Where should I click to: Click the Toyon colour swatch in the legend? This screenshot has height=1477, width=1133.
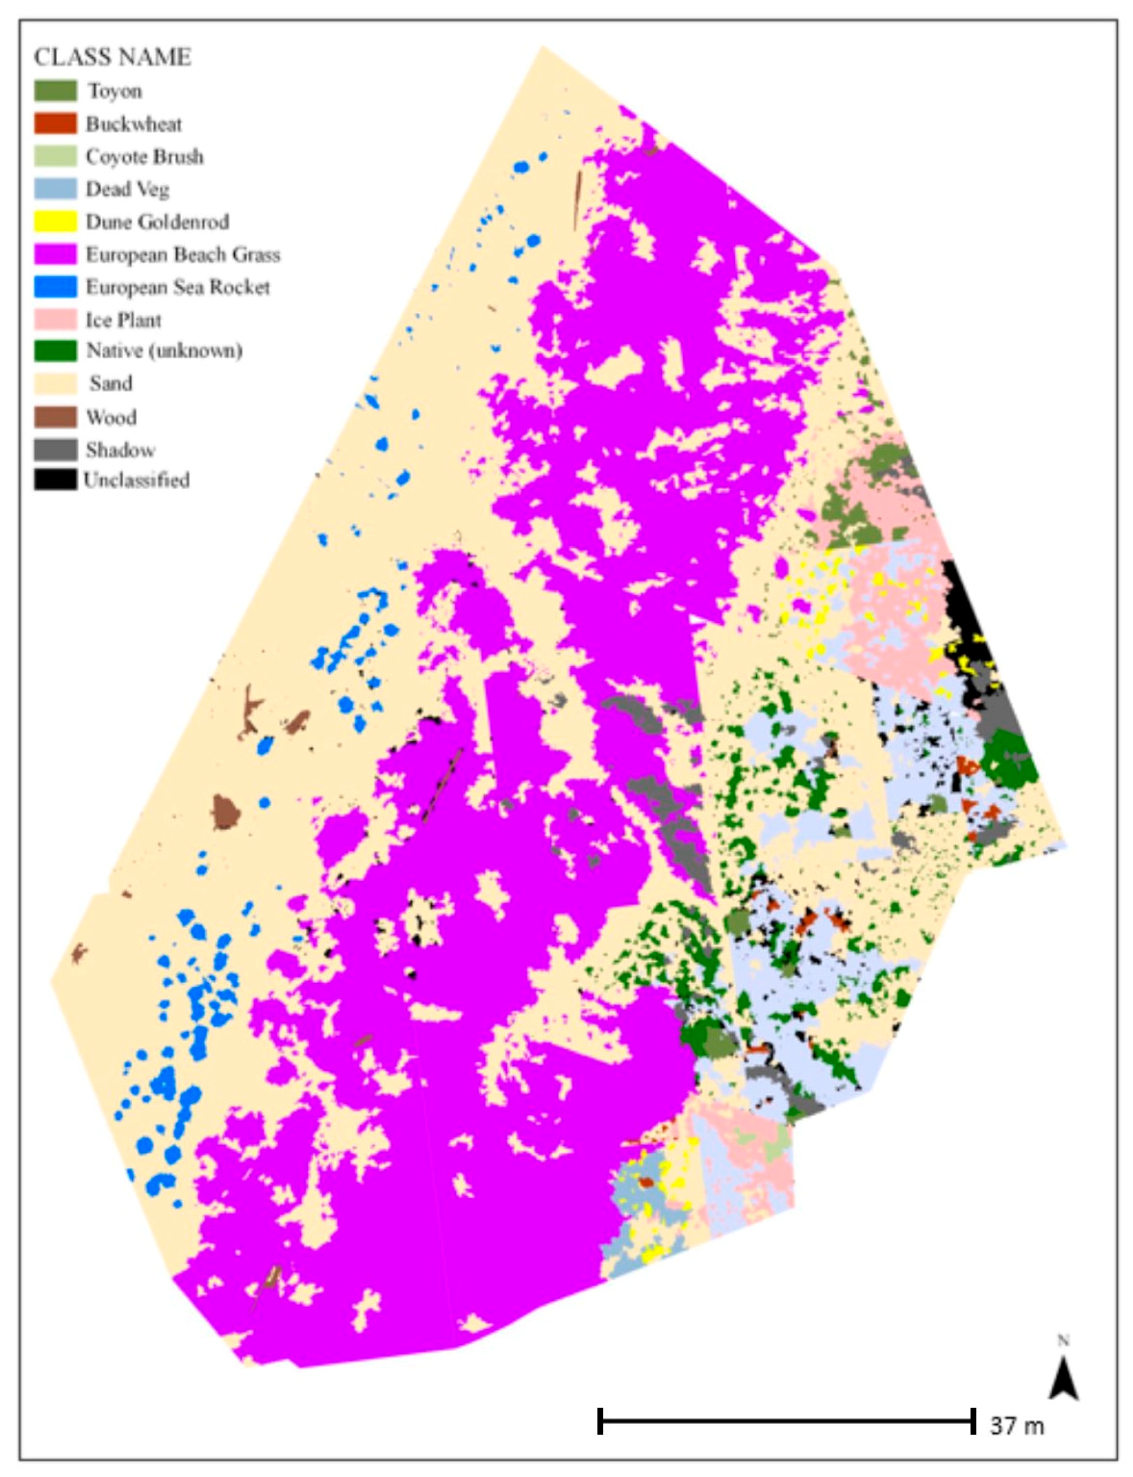click(x=55, y=91)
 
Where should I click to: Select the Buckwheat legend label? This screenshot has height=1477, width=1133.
click(x=134, y=124)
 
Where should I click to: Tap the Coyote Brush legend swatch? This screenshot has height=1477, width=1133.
click(x=55, y=156)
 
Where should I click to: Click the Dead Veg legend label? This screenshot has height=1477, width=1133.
click(x=127, y=190)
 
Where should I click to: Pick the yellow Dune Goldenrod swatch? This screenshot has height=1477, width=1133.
click(x=55, y=222)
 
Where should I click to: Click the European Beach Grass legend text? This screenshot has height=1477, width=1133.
click(x=182, y=255)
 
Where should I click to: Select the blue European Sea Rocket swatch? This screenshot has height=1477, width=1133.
click(x=55, y=287)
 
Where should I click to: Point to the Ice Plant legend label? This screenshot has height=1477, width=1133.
click(x=123, y=319)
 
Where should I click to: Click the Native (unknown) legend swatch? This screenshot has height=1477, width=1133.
click(x=55, y=351)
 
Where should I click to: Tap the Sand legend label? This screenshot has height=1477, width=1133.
click(x=111, y=384)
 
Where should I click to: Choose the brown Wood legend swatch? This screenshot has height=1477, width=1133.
click(x=55, y=417)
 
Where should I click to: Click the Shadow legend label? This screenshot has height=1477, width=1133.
click(x=120, y=450)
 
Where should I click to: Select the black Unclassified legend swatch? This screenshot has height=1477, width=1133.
click(x=55, y=479)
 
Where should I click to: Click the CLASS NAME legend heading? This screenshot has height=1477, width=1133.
click(x=113, y=57)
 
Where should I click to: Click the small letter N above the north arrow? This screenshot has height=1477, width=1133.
click(x=1064, y=1341)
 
